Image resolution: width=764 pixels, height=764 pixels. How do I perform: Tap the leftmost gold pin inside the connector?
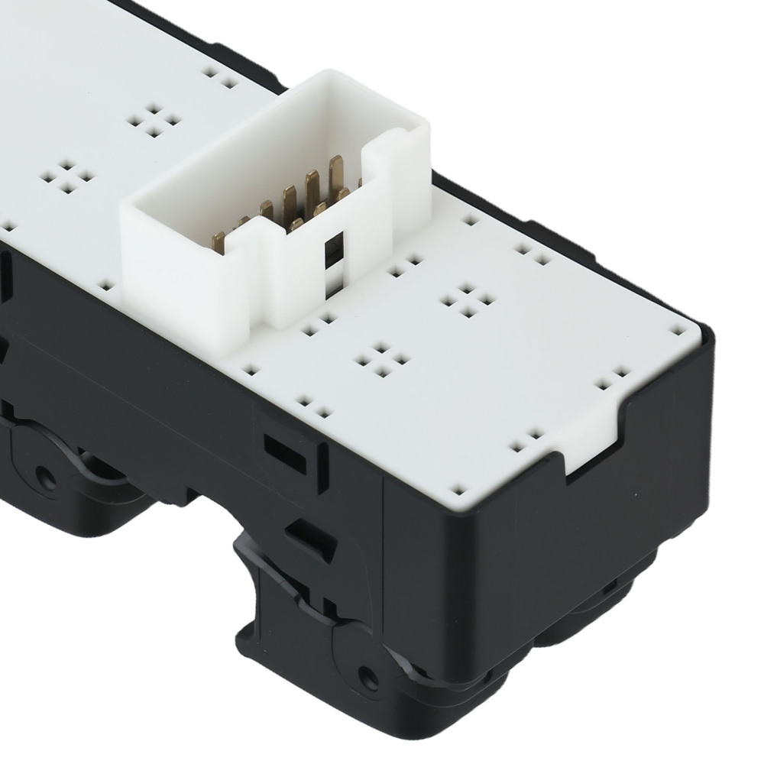tap(219, 239)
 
